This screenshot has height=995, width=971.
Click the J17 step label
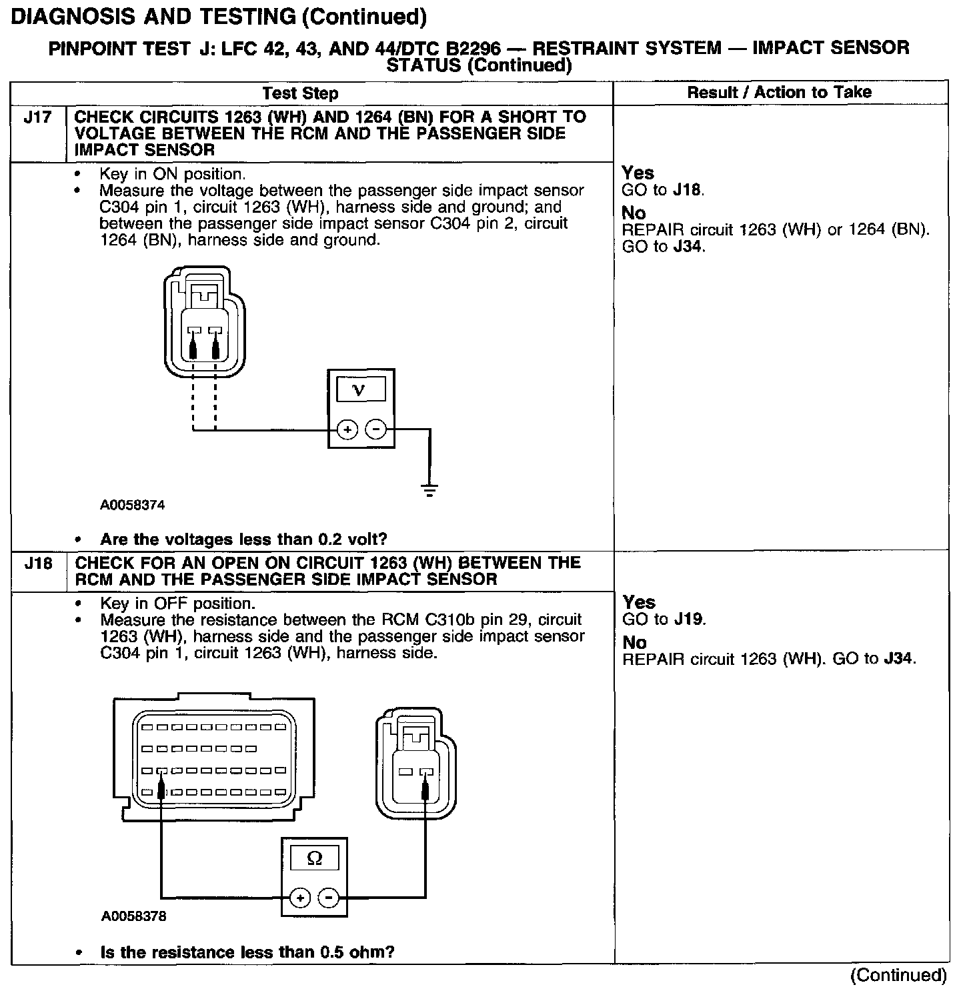click(37, 118)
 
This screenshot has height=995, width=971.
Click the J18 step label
click(38, 564)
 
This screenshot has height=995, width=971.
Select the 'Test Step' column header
click(300, 93)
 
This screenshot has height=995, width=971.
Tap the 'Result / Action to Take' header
click(779, 92)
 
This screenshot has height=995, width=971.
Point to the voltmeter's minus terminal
click(375, 429)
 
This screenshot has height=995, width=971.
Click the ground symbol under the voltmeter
click(429, 491)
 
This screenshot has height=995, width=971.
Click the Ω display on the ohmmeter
click(313, 859)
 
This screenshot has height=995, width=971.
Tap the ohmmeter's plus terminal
click(301, 898)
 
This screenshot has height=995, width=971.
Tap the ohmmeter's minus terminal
click(328, 898)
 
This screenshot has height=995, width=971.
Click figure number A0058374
click(133, 506)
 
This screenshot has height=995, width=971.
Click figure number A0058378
click(133, 916)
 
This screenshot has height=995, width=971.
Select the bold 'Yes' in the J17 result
click(638, 173)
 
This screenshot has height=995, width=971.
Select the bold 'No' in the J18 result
click(634, 643)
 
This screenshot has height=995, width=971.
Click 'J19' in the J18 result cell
click(688, 620)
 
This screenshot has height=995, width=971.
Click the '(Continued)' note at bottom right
click(898, 976)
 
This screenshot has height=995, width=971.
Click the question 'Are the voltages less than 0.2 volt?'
click(243, 540)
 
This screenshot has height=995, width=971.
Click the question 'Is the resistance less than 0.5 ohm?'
click(247, 952)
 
